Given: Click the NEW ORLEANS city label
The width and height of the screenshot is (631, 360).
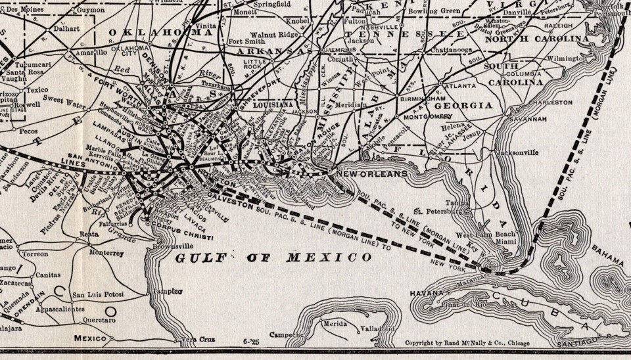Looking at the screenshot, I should coord(371,174).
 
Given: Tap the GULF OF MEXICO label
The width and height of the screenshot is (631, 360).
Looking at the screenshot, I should coord(273,258).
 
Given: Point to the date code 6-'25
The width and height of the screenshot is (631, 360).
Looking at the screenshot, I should coord(252,342).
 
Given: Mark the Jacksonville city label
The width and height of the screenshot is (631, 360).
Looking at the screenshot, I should coord(519,152).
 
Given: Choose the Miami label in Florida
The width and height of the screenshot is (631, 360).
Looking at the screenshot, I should coord(506,242).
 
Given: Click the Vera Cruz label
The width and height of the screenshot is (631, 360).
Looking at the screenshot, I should coord(198,339).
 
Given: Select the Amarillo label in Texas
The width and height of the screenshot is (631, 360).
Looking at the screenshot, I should coord(91,52).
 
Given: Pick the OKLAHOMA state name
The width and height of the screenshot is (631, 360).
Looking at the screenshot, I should coord(160,32).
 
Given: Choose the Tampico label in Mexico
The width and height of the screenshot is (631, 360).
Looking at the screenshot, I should coord(166,291).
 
